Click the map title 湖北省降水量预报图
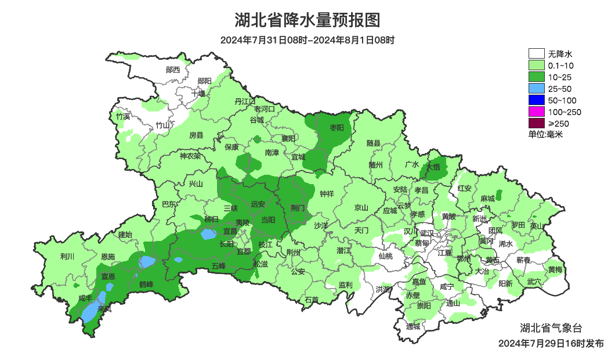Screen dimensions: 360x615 [307, 20]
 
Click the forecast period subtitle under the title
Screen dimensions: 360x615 [307, 41]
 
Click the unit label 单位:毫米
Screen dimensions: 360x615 [545, 134]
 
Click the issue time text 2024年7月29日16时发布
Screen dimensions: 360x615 [551, 343]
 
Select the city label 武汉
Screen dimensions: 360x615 [427, 232]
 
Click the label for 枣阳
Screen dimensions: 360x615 [337, 127]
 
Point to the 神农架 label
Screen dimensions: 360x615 [190, 156]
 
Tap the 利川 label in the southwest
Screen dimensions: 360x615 [67, 256]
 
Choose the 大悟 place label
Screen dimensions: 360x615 [433, 167]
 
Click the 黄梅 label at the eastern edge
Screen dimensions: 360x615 [555, 269]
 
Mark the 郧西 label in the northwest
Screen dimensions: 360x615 [173, 70]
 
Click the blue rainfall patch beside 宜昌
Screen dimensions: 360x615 [208, 235]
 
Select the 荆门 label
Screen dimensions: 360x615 [298, 207]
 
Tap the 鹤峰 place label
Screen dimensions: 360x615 [146, 284]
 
